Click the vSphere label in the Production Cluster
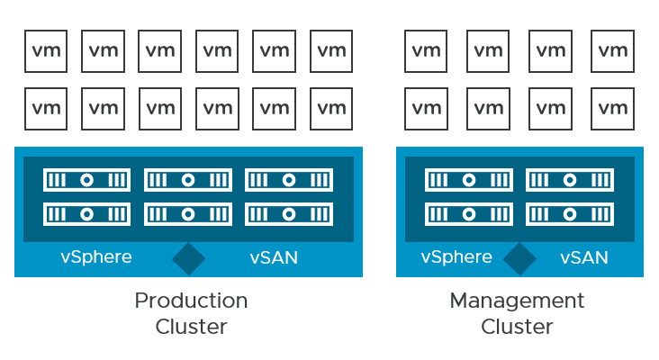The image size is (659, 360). click(x=96, y=257)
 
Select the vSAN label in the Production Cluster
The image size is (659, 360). click(x=274, y=258)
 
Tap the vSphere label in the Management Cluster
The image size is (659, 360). click(x=456, y=257)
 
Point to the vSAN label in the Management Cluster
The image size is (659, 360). click(x=584, y=258)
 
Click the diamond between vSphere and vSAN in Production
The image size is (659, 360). click(x=189, y=258)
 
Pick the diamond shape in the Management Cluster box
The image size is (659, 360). click(x=519, y=258)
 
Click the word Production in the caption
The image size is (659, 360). click(x=191, y=300)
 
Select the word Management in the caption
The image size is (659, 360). click(x=517, y=300)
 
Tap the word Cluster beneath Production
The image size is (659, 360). click(x=191, y=326)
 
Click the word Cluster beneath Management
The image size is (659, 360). click(x=517, y=326)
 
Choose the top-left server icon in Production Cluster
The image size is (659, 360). click(x=86, y=180)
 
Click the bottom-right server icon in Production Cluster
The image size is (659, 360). click(x=288, y=214)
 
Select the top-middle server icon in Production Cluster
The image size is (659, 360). click(x=187, y=180)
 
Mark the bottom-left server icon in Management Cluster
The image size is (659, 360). click(x=468, y=214)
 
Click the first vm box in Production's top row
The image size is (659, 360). click(x=46, y=51)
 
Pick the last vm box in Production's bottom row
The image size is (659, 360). click(x=331, y=108)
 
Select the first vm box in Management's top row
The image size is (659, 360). click(x=426, y=51)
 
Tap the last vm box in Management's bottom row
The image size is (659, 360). click(x=612, y=108)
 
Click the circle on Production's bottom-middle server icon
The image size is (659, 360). click(x=187, y=214)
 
